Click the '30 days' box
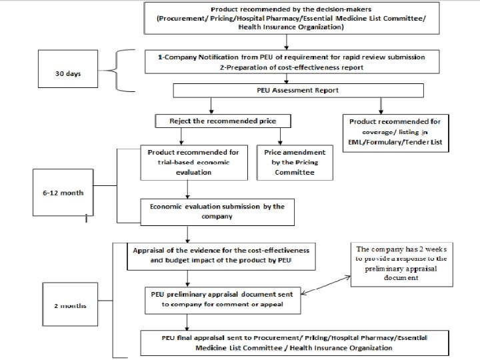[68, 69]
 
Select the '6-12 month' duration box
[63, 193]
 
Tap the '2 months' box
[70, 304]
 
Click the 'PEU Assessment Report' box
[299, 91]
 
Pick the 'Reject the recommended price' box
[223, 121]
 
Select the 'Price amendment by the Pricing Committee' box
[295, 163]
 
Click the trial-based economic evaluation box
[194, 163]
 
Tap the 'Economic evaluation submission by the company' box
[217, 212]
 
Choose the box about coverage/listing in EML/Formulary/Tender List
[396, 133]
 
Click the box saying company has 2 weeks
[401, 265]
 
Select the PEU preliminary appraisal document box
[223, 300]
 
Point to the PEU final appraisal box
[295, 343]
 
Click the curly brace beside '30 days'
[117, 71]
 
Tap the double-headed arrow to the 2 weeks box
[326, 285]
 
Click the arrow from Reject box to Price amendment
[280, 137]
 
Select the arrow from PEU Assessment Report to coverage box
[381, 106]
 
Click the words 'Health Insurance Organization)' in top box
[291, 27]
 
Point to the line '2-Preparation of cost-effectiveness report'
[291, 67]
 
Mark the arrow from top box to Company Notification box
[287, 42]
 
